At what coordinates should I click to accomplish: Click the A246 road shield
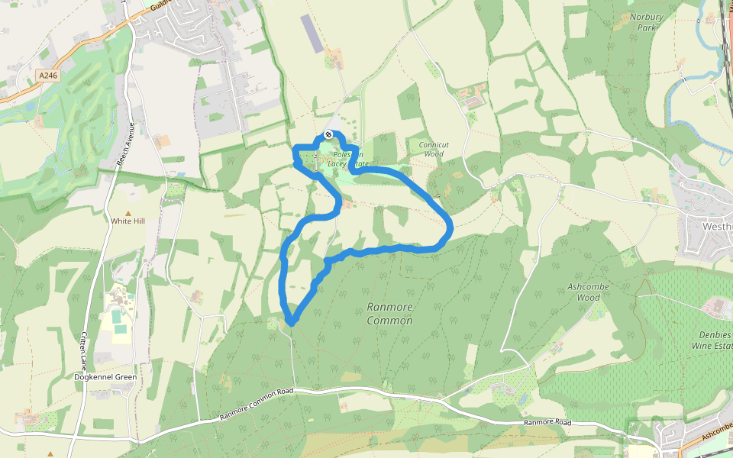click(47, 75)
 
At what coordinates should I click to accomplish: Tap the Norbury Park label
click(647, 22)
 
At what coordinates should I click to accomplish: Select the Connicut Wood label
click(430, 149)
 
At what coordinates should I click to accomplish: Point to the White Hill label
click(128, 221)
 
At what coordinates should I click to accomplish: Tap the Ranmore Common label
click(389, 314)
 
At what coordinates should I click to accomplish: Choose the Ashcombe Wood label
click(587, 292)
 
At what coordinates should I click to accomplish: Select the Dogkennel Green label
click(105, 377)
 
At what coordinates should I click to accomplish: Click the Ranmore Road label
click(547, 422)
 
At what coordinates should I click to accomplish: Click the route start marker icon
click(328, 134)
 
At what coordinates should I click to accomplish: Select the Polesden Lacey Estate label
click(347, 159)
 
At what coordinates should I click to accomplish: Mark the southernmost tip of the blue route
click(291, 324)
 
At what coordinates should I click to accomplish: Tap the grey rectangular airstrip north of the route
click(312, 34)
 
